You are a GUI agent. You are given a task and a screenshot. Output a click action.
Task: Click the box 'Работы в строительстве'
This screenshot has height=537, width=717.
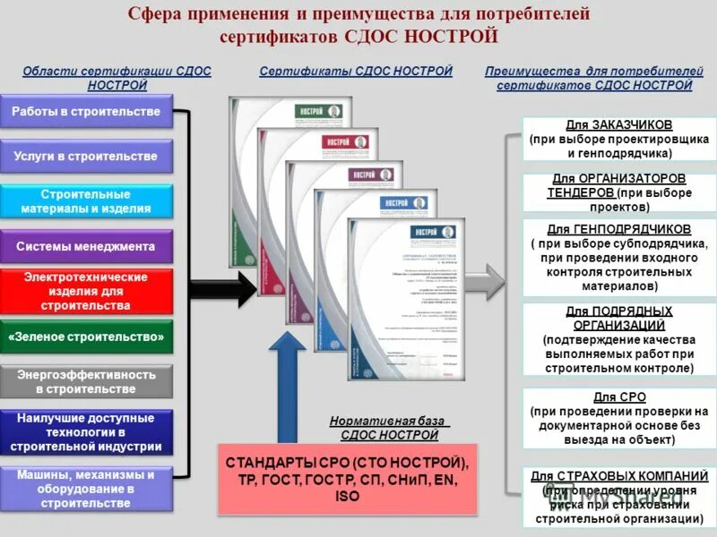[86, 112]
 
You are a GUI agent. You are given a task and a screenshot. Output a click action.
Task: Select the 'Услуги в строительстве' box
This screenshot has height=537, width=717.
[86, 157]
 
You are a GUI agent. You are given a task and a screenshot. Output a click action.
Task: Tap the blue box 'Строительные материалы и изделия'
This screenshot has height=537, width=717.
[86, 201]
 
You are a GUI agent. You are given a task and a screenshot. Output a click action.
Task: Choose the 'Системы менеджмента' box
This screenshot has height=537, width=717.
[86, 246]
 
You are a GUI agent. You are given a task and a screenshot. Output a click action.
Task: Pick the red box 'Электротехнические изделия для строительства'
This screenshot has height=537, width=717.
[86, 292]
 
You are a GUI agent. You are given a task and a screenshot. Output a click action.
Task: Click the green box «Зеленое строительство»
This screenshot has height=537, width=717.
[86, 337]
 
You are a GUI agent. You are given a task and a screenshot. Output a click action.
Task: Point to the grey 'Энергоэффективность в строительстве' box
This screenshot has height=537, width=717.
[86, 382]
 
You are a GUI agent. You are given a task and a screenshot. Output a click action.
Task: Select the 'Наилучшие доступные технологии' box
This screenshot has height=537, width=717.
[86, 432]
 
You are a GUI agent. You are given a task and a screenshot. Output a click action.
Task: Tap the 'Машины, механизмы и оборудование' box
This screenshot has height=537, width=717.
[86, 489]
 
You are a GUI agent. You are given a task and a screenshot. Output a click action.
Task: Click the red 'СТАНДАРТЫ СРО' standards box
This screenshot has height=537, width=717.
[348, 479]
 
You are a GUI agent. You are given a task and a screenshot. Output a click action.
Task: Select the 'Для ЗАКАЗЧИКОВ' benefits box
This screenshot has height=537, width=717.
[619, 139]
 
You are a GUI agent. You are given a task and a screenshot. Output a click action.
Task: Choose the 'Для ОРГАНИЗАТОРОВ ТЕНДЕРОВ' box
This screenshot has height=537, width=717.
[619, 192]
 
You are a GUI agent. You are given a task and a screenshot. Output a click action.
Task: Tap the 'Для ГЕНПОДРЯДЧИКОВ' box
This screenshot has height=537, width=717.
[619, 258]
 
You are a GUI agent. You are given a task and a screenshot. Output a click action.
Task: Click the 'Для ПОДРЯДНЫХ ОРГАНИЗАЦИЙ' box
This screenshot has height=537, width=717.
[619, 339]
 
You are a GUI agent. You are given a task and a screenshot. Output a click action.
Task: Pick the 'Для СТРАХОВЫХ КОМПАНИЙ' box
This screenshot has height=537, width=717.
[619, 497]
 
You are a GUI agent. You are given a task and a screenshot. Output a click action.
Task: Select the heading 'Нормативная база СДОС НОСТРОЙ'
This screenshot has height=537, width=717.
[389, 428]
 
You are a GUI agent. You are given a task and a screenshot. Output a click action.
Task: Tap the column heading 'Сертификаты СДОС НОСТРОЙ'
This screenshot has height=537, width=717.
[356, 71]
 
